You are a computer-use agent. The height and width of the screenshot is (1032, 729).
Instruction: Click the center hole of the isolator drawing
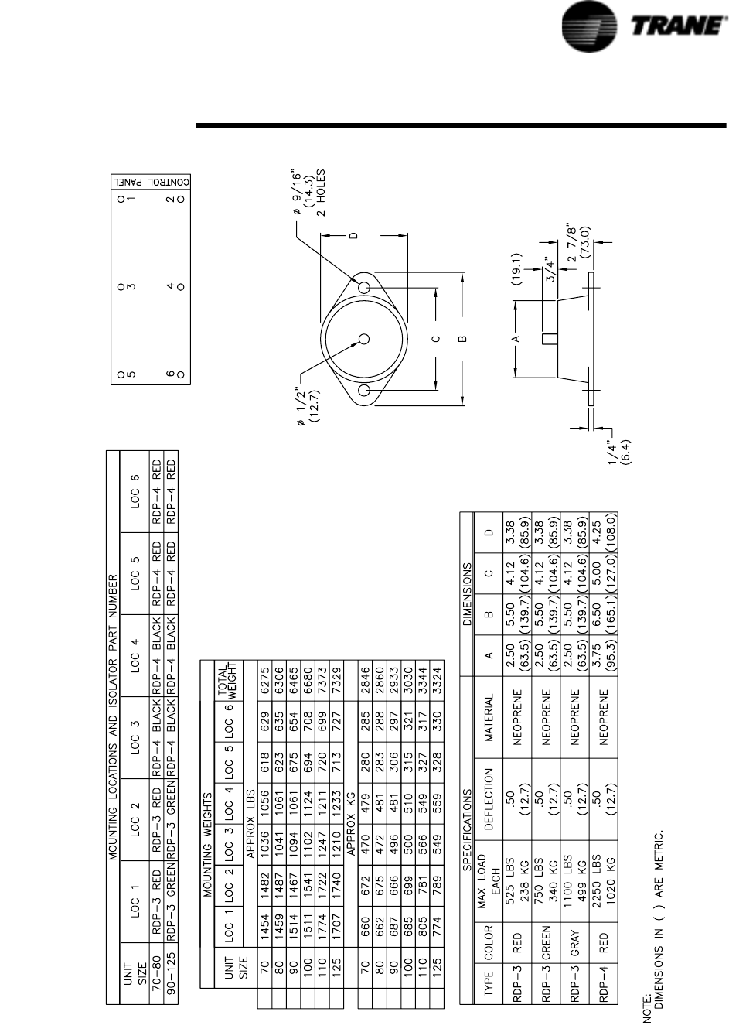pos(363,339)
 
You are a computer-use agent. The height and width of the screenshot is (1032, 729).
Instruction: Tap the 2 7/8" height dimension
pos(580,242)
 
